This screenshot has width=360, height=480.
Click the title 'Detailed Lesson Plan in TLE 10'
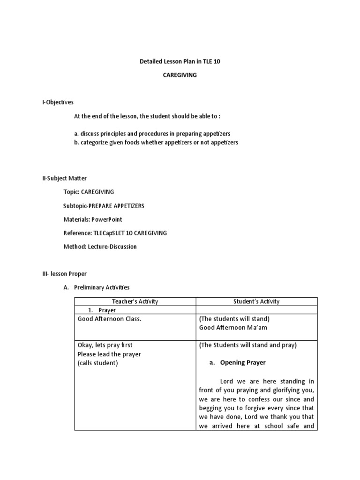[180, 62]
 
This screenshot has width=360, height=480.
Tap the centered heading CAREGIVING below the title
[180, 75]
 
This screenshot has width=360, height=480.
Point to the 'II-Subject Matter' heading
[65, 179]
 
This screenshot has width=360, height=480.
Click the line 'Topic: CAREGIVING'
[89, 192]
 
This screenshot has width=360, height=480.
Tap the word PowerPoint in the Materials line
[106, 219]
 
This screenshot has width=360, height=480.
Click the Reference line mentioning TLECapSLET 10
[115, 233]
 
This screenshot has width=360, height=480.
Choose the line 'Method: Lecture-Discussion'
[100, 247]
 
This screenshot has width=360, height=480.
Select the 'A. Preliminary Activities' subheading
[96, 287]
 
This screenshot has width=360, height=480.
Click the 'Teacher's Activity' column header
[135, 301]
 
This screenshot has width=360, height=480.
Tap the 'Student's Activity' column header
[256, 301]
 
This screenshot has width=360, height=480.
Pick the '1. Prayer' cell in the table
[102, 310]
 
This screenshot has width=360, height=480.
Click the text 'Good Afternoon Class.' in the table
[109, 319]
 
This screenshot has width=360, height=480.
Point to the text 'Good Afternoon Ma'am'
[233, 328]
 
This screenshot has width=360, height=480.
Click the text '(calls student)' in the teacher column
[97, 363]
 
